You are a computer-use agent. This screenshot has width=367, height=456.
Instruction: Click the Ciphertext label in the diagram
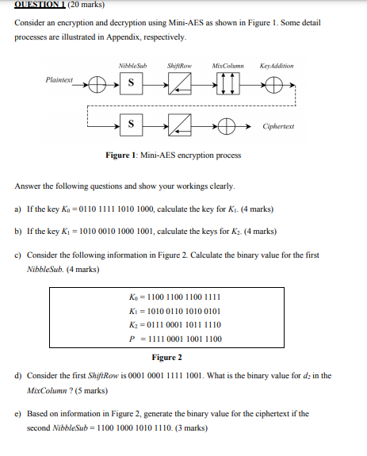click(x=278, y=126)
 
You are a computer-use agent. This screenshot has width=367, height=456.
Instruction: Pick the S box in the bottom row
click(x=130, y=125)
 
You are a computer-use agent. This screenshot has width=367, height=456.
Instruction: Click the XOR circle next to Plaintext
click(x=96, y=82)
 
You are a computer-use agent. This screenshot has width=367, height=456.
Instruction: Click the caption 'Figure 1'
click(x=120, y=155)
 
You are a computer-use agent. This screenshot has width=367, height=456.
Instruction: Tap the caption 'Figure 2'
click(x=167, y=358)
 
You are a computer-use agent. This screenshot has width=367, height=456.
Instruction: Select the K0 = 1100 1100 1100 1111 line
click(x=174, y=297)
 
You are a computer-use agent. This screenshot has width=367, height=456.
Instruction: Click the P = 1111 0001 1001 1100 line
click(x=174, y=339)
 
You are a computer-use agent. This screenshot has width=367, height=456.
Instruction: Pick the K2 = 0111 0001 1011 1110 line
click(x=174, y=324)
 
